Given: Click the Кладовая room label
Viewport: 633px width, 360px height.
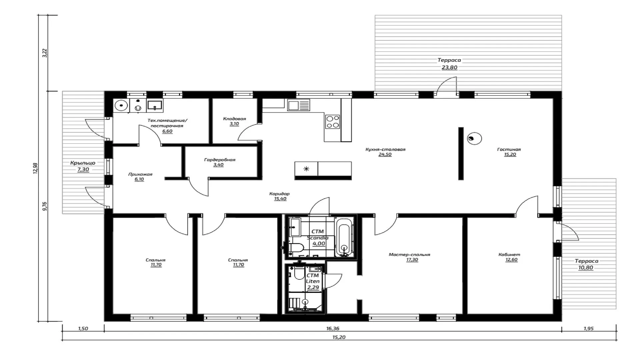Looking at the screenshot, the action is click(234, 119).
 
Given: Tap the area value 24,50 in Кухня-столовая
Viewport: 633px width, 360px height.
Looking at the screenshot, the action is click(385, 155).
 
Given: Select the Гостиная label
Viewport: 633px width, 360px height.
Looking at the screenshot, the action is click(509, 149).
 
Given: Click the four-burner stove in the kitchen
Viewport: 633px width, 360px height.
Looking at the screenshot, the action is click(332, 122).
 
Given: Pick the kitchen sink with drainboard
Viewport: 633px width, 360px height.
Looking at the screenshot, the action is click(299, 105).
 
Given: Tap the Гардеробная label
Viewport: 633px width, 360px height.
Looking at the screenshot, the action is click(220, 160).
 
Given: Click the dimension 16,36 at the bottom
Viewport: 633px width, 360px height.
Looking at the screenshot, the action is click(333, 328).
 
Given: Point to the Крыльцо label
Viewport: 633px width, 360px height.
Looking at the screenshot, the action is click(83, 163).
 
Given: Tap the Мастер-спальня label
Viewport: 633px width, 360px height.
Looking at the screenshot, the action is click(409, 254).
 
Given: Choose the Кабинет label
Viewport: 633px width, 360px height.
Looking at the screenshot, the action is click(509, 254).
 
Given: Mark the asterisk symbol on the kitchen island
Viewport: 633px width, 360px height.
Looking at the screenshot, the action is click(306, 169).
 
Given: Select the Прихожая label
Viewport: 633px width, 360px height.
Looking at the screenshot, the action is click(140, 174).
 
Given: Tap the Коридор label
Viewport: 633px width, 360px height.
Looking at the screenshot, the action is click(279, 193).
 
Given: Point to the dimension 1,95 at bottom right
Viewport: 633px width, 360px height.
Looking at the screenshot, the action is click(589, 328).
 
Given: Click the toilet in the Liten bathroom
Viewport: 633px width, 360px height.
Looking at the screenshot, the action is click(299, 273).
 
